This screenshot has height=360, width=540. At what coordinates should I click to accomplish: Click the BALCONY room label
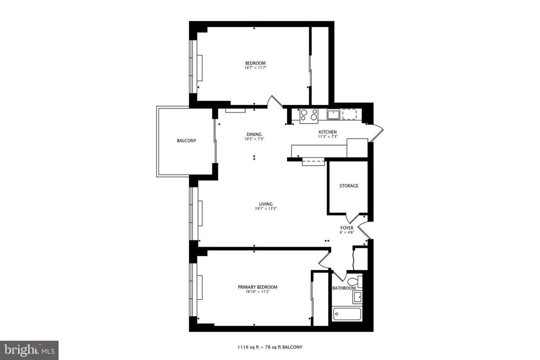tap(186, 141)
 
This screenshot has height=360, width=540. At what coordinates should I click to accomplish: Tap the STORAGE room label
tap(349, 186)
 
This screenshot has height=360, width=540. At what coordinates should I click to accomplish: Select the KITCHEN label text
tap(328, 132)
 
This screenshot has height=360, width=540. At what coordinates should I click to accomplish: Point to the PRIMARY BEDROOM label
tap(257, 287)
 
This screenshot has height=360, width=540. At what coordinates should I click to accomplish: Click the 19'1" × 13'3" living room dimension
tap(266, 208)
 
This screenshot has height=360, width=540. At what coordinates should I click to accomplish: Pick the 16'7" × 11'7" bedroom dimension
tap(255, 68)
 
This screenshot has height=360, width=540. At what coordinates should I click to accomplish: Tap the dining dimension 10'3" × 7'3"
tap(254, 139)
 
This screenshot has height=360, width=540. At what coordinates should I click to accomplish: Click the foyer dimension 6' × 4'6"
tap(347, 233)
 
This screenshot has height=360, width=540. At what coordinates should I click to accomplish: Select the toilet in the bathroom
tap(355, 282)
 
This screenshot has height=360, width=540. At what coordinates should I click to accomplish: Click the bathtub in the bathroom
tap(347, 314)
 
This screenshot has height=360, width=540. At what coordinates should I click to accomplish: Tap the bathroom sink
tap(357, 297)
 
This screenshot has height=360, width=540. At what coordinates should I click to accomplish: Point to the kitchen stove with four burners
tap(309, 116)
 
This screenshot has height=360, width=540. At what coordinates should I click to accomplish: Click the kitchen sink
tap(333, 114)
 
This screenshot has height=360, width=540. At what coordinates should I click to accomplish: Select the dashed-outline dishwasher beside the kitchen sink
tap(350, 114)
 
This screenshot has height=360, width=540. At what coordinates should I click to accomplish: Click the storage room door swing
tap(353, 218)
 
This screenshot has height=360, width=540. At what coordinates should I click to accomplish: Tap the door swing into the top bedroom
tap(275, 101)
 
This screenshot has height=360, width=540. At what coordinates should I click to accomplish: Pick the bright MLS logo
tap(29, 350)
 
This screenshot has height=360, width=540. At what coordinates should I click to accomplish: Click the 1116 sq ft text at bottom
tap(248, 347)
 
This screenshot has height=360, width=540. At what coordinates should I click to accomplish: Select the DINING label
tap(254, 134)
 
